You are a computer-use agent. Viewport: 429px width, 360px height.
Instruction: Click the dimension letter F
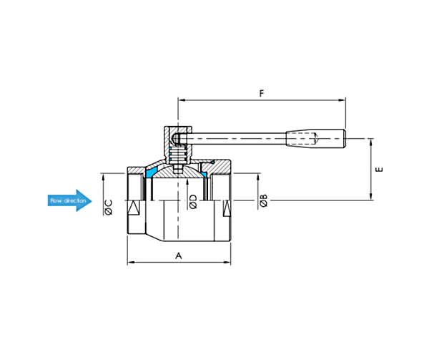pos(262,93)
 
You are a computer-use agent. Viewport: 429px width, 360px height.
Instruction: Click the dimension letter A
pos(178,256)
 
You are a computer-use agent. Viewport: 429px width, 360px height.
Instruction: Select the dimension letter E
pos(379,170)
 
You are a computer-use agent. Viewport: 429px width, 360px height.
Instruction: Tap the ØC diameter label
pos(109,208)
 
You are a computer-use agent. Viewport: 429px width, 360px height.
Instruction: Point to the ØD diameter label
pos(193,202)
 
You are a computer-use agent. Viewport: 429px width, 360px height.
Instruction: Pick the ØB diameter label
pos(263,200)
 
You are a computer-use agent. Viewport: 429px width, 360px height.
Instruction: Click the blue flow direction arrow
pos(70,200)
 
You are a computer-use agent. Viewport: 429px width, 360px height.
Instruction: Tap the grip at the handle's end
pos(316,139)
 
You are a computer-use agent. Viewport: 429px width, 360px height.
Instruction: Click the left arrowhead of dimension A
pos(131,262)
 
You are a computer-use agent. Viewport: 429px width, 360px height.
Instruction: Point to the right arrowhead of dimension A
pos(227,262)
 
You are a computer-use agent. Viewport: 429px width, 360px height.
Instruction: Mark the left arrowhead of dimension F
pos(182,100)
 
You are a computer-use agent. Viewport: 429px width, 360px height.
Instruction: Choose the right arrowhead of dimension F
pos(342,100)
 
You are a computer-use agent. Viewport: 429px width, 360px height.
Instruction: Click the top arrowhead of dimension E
pos(371,142)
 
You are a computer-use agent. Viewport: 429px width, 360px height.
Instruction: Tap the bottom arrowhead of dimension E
pos(371,197)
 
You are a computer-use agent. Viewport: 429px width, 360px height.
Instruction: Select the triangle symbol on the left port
pos(134,208)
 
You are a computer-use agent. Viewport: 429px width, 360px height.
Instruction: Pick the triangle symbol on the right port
pos(227,208)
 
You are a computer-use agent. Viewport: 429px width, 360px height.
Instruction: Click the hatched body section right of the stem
pos(215,167)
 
